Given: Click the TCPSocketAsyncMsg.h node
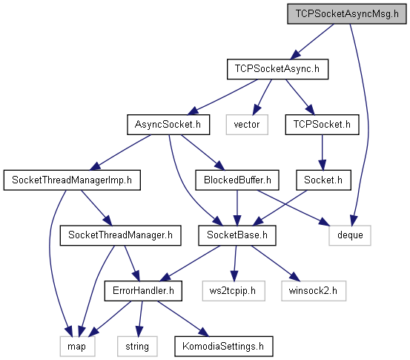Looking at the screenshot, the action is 347,14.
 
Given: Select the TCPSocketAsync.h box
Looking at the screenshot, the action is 277,69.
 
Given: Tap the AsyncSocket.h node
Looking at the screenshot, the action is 168,125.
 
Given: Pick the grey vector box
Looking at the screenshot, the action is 247,125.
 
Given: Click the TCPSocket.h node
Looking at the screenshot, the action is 322,125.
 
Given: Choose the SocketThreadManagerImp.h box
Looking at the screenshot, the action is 72,180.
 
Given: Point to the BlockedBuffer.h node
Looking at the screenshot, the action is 237,180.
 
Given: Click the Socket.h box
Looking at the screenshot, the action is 323,180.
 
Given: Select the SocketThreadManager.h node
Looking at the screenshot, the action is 121,235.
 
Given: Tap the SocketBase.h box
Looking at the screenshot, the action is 237,235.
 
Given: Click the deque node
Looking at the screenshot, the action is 350,235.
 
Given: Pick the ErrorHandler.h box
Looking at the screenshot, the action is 143,291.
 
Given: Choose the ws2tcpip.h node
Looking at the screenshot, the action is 234,291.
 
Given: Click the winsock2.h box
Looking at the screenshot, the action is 314,291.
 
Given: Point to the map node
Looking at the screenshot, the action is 77,347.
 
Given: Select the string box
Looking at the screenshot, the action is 137,347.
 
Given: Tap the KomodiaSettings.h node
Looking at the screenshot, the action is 224,347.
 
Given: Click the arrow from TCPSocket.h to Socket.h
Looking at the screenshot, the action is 322,153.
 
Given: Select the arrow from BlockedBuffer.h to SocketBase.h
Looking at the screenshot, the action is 237,208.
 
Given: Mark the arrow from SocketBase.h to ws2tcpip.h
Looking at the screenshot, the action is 235,263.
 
